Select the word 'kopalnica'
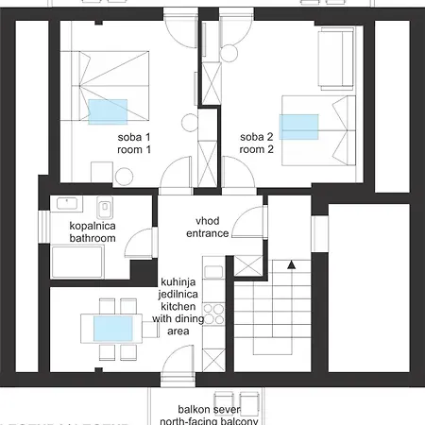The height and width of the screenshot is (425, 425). click(93, 227)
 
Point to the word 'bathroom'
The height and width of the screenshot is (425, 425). click(93, 239)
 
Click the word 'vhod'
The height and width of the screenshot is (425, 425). click(207, 220)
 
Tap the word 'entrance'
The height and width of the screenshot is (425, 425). click(207, 232)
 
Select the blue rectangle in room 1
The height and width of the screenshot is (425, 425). click(108, 112)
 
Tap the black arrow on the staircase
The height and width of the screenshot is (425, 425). click(292, 266)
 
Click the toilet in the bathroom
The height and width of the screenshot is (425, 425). click(107, 207)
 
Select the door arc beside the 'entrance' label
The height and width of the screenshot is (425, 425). click(244, 224)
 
